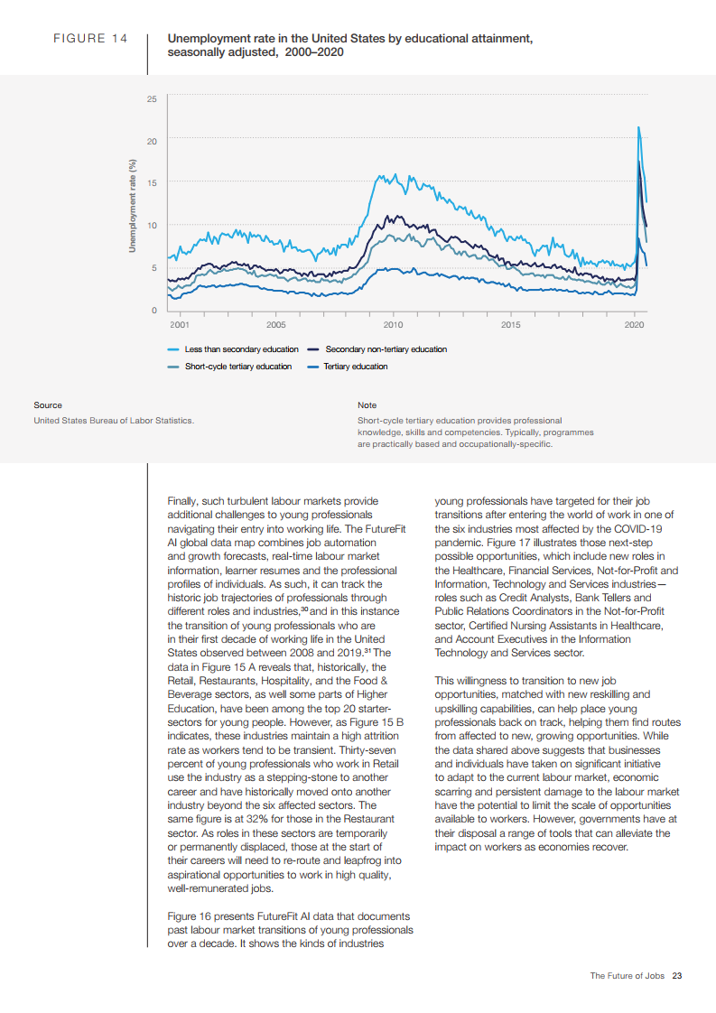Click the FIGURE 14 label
[x=90, y=40]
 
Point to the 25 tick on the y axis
[x=152, y=98]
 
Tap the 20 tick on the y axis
[x=152, y=140]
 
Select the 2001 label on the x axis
[x=179, y=323]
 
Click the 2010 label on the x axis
[x=393, y=323]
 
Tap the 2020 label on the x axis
[x=636, y=323]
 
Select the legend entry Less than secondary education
[x=241, y=349]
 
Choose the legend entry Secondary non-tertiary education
[x=386, y=349]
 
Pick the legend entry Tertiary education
[x=356, y=367]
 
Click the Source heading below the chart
[x=48, y=405]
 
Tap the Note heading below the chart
[x=367, y=405]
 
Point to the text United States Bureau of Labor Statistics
[x=113, y=420]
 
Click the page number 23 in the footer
[x=677, y=976]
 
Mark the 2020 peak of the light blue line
[x=639, y=127]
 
